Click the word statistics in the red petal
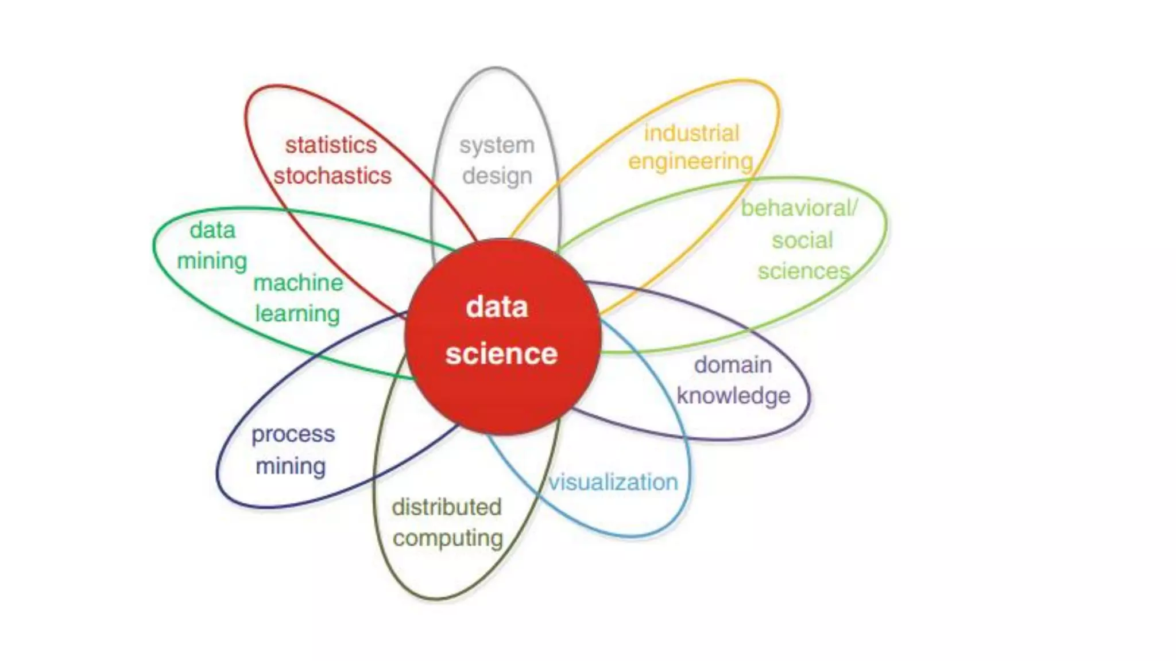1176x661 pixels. (331, 145)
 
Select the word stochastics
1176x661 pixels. (332, 176)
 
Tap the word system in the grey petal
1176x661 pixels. (497, 146)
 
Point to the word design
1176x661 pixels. (497, 176)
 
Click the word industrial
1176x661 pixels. (691, 133)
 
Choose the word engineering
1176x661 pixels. (690, 162)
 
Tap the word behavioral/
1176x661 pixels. (799, 208)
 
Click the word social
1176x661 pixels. (802, 240)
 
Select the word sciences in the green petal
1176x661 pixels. (803, 271)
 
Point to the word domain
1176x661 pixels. (733, 365)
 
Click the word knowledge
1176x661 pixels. (733, 396)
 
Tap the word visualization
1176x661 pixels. (613, 482)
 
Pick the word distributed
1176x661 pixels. (447, 507)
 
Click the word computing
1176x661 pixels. (448, 539)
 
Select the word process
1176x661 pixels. (293, 435)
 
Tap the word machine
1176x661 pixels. (298, 283)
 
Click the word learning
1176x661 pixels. (297, 314)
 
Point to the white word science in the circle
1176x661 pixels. (501, 353)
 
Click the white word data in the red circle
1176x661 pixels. (497, 307)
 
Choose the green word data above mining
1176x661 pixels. (212, 230)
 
